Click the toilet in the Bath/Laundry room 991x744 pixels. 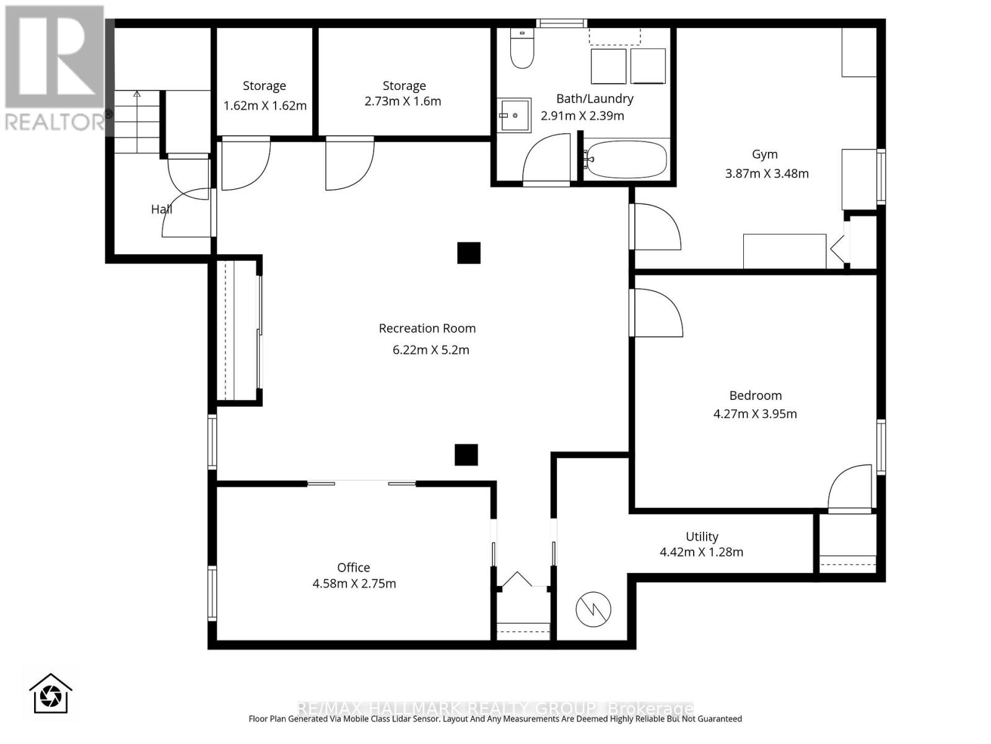tap(522, 50)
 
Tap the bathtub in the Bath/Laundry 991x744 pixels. tap(626, 160)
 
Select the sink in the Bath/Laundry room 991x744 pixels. tap(515, 115)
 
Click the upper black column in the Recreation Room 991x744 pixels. tap(469, 252)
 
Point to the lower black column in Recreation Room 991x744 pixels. tap(466, 454)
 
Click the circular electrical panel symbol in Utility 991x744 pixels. tap(593, 609)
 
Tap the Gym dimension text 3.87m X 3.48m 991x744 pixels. tap(767, 174)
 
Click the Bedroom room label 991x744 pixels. tap(755, 396)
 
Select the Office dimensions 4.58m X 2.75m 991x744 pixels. tap(354, 583)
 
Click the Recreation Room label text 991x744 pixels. tap(427, 329)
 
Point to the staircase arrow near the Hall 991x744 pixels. tap(137, 95)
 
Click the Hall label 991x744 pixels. tap(161, 210)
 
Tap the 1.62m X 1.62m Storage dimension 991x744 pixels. tap(265, 105)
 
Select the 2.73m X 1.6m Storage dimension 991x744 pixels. tap(403, 101)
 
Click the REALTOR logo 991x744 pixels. tap(55, 68)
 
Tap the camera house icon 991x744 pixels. tap(51, 693)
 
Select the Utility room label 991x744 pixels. tap(702, 537)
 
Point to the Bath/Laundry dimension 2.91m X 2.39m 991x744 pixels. tap(582, 116)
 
